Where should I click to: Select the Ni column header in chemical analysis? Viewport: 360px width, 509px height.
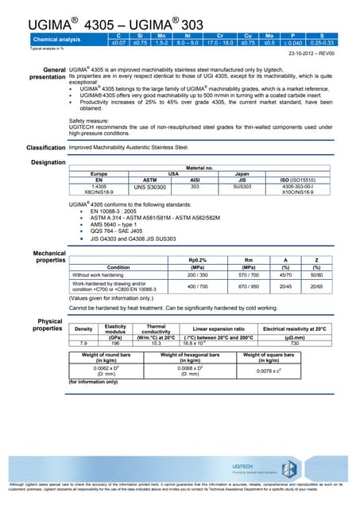[188, 36]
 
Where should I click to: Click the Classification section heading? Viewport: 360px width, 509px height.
[46, 148]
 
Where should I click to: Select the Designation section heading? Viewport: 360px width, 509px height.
[47, 162]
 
